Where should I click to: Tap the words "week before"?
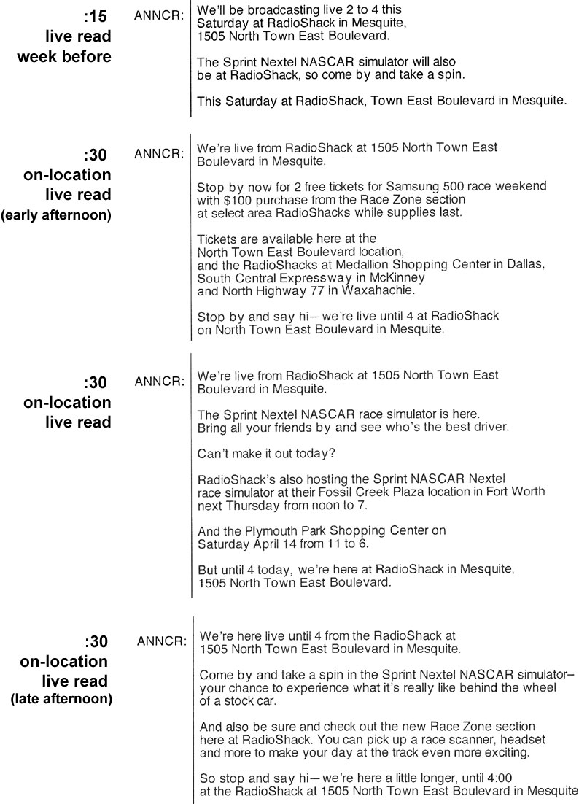[x=64, y=56]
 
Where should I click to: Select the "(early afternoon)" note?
[x=56, y=216]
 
